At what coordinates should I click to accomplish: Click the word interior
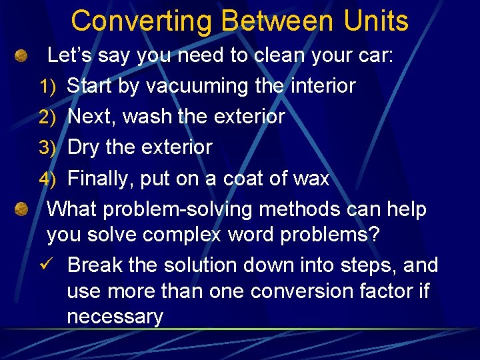pos(318,86)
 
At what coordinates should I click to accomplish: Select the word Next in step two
pos(90,117)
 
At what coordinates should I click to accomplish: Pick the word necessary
pos(115,317)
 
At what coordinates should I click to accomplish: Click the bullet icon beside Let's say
pos(21,56)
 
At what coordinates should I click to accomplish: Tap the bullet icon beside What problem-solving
pos(21,210)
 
